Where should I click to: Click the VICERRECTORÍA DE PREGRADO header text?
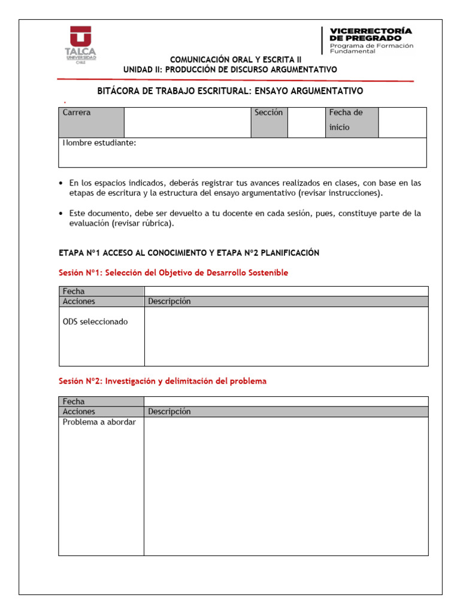coord(371,34)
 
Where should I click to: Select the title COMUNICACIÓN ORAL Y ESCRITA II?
coord(236,59)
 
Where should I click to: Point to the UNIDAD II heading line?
coord(230,69)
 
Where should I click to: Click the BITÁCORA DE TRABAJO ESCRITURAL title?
coord(230,91)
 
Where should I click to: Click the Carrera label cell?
coord(91,122)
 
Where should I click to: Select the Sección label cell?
coord(268,122)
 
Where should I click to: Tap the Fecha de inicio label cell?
coord(352,122)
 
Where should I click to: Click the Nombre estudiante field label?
coord(99,143)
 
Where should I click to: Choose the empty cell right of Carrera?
coord(187,122)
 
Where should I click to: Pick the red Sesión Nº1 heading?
coord(173,272)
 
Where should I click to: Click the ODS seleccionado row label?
coord(95,321)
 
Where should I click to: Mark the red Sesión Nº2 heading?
coord(162,381)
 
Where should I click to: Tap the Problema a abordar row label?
coord(99,422)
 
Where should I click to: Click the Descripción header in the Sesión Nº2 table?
coord(170,412)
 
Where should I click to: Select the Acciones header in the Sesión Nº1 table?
coord(79,302)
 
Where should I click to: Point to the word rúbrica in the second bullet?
coord(156,223)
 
